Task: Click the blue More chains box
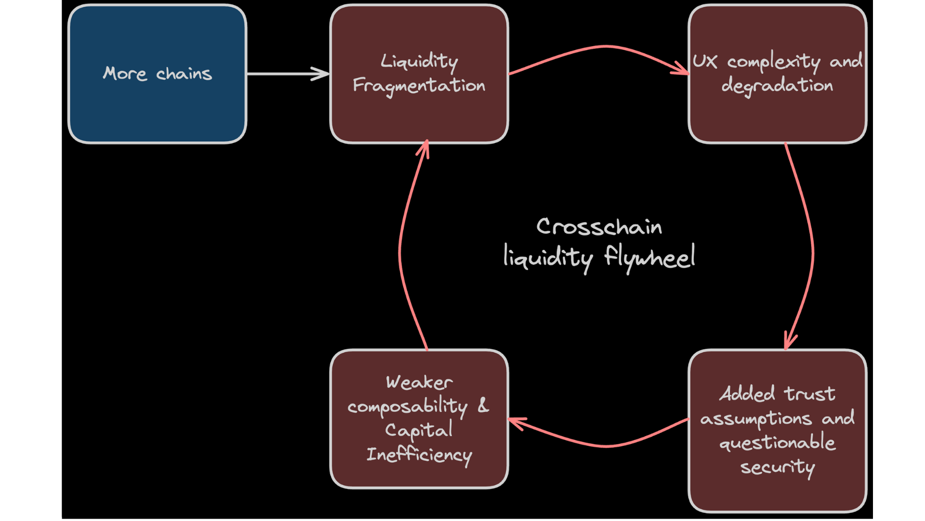(x=157, y=111)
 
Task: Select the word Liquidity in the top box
(x=419, y=61)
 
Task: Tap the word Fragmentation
(x=419, y=86)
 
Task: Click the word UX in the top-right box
(x=705, y=61)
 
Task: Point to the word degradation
(x=777, y=86)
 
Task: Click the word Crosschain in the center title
(x=599, y=226)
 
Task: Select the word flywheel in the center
(x=650, y=257)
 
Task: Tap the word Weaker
(x=419, y=383)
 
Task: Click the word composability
(x=408, y=407)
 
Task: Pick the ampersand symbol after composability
(x=483, y=405)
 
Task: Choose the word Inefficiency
(x=419, y=455)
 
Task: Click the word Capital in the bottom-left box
(x=419, y=430)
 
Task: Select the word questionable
(x=777, y=442)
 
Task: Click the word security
(x=777, y=467)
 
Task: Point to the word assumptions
(x=756, y=419)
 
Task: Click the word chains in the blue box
(x=184, y=74)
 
